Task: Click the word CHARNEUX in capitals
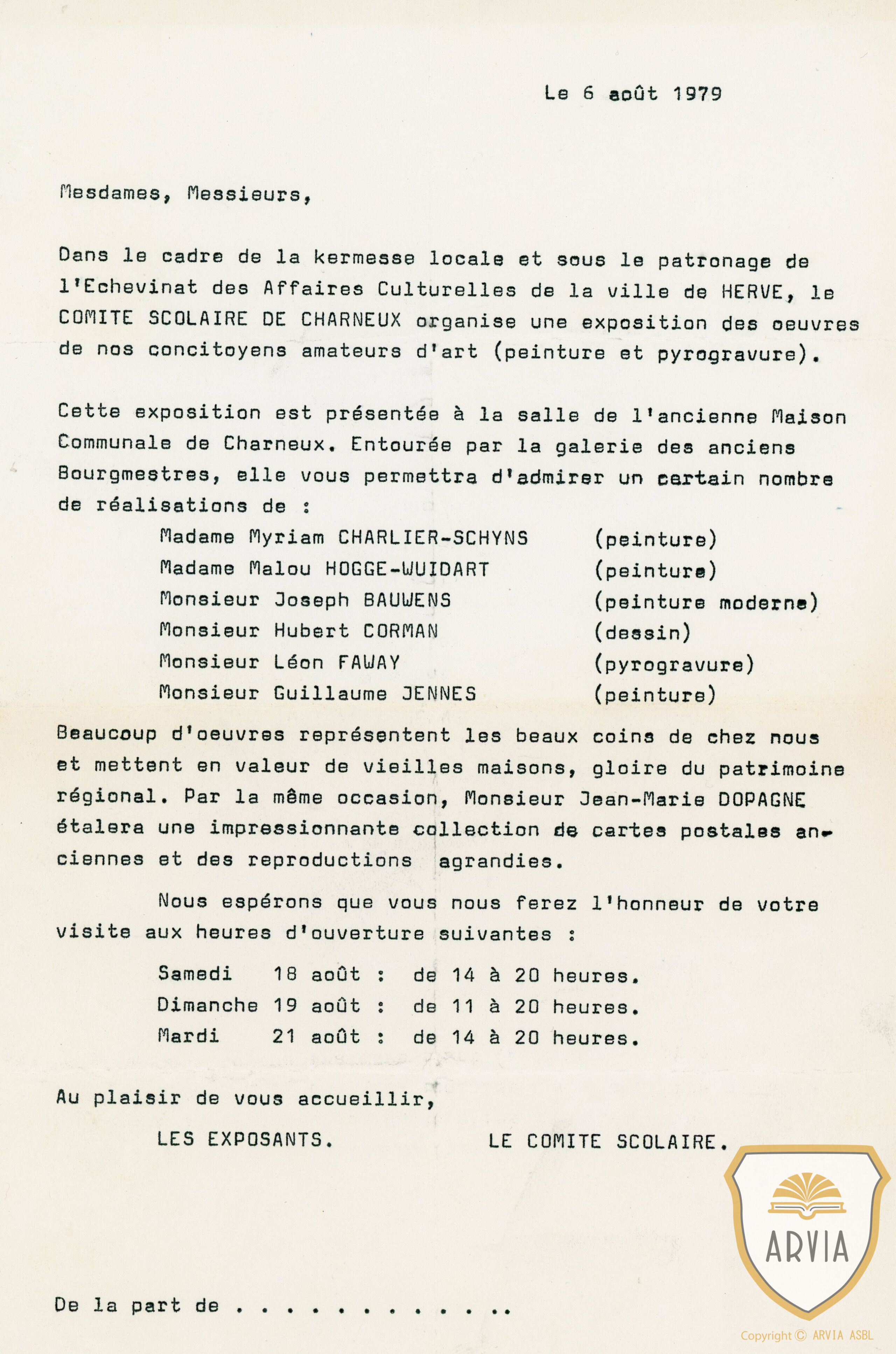[x=351, y=320]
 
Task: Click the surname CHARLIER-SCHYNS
[x=433, y=538]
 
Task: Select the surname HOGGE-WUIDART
[x=407, y=569]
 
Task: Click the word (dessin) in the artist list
[x=642, y=632]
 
